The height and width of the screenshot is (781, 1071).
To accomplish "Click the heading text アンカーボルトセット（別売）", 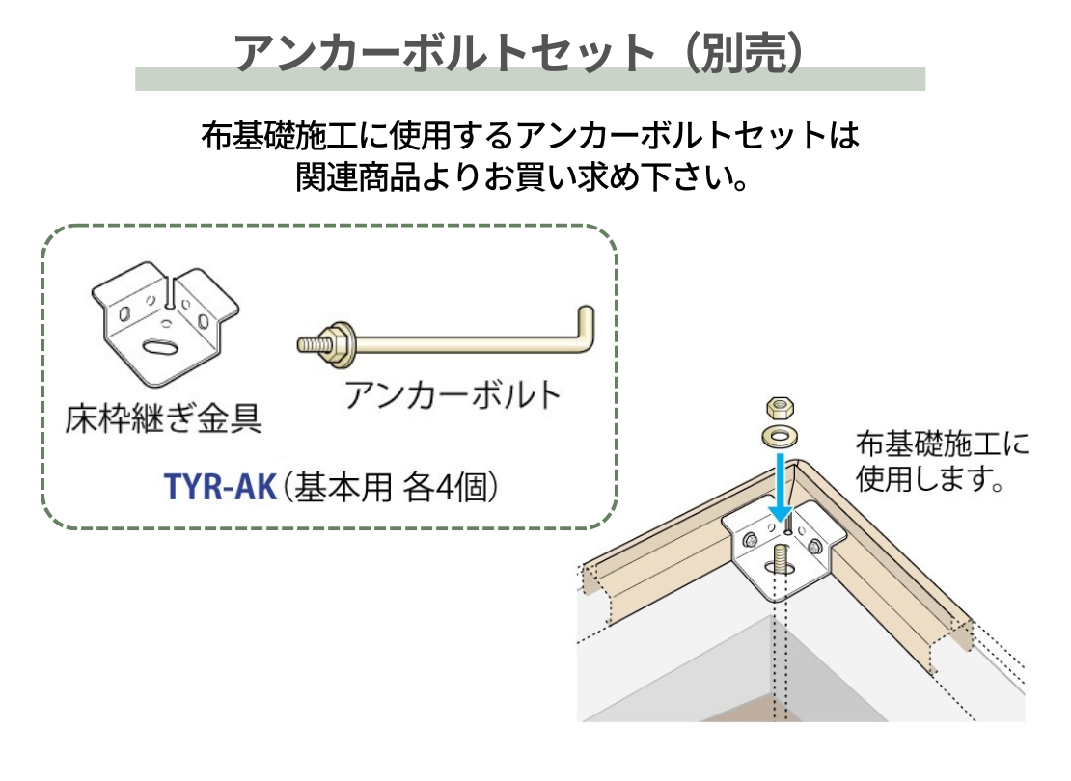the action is coord(520,53).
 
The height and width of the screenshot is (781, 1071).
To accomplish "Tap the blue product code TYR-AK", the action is coord(220,487).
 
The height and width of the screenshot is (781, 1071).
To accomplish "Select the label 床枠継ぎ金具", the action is coord(163,417).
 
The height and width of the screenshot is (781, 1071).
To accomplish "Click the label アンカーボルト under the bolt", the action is coord(453,394).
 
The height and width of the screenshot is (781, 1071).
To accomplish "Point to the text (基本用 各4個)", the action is coord(390,488).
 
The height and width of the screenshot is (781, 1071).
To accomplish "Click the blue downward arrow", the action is coord(780,488).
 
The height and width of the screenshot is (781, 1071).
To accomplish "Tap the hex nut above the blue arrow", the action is coord(780,408).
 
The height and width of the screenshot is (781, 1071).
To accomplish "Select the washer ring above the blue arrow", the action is coord(780,435).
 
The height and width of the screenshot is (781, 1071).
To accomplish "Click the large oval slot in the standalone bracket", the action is coord(163,345).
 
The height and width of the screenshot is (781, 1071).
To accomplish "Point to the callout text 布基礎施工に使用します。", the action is coord(942,461).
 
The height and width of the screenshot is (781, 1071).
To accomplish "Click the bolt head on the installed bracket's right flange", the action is coord(815,546).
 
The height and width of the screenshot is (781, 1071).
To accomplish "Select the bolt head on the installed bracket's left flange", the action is coord(750,540).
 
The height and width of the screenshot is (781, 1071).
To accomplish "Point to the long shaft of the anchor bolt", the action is coord(464,343).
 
